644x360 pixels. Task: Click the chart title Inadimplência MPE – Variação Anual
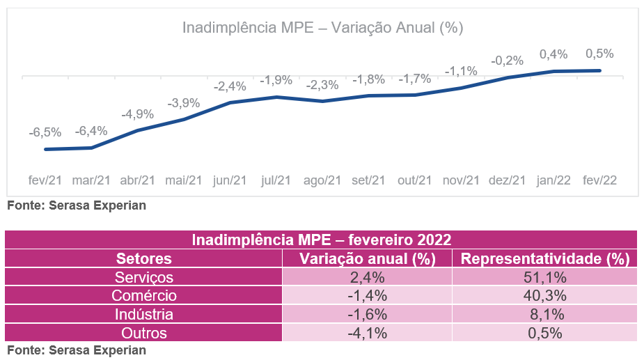pos(322,28)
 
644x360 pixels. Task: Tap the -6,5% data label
pos(45,132)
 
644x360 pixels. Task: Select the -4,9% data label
pos(137,114)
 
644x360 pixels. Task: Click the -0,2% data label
pos(507,61)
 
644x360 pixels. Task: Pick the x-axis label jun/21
pos(230,180)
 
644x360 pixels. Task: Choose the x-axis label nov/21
pos(461,180)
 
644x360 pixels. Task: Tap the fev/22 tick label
pos(599,180)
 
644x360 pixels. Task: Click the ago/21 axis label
pos(322,180)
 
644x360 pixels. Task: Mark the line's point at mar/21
pos(92,148)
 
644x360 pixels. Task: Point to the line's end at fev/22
pos(599,70)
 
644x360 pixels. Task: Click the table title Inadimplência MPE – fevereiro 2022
pos(322,240)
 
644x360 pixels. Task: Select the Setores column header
pos(144,259)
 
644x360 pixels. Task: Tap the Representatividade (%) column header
pos(545,259)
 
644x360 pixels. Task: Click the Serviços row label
pos(144,277)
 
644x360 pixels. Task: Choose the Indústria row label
pos(144,314)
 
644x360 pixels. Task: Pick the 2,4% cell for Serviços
pos(367,277)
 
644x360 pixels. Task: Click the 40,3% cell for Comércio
pos(545,295)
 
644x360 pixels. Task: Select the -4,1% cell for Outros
pos(367,332)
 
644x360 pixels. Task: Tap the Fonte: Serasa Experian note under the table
pos(77,350)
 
